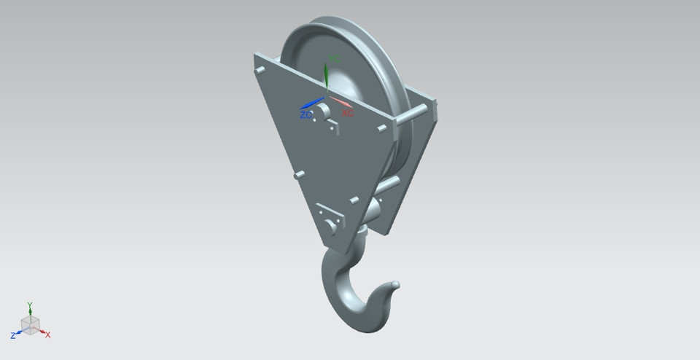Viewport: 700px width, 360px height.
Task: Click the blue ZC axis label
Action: click(306, 115)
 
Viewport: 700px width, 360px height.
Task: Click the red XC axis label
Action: click(348, 113)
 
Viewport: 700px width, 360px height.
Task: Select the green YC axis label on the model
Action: click(335, 58)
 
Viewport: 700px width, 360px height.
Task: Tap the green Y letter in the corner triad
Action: click(29, 304)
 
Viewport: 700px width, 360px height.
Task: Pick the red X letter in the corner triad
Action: click(47, 334)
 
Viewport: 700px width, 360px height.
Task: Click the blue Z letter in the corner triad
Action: click(13, 335)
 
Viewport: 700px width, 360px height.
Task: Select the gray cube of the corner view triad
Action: click(30, 324)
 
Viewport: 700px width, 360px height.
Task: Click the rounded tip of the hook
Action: click(396, 283)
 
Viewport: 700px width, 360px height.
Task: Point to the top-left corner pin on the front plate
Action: click(260, 70)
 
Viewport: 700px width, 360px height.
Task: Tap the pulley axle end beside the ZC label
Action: click(322, 110)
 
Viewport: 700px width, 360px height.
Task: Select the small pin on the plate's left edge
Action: click(298, 175)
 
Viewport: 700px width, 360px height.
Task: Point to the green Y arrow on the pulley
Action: click(326, 73)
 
